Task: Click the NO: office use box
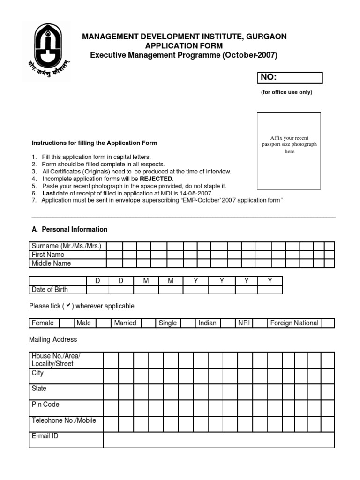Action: pos(289,78)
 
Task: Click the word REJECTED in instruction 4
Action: pos(156,179)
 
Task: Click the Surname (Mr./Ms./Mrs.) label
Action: pos(67,246)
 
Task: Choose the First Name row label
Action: pos(48,255)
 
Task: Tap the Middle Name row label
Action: pos(51,263)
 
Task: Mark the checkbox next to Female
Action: pos(66,323)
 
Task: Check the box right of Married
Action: pos(148,323)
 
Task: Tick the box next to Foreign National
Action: pos(328,323)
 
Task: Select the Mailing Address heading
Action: pos(53,339)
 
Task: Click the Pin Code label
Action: pos(45,404)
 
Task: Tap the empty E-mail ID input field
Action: pos(219,440)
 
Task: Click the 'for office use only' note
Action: pos(286,92)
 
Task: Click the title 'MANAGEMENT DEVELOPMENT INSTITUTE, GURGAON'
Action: pos(184,37)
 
